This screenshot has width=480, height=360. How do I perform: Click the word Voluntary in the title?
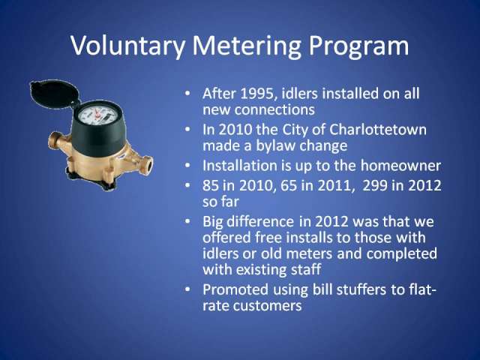click(127, 46)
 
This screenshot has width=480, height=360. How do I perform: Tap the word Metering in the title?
click(247, 46)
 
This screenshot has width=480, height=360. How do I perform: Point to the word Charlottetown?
click(378, 130)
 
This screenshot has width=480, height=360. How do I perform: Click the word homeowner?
click(400, 166)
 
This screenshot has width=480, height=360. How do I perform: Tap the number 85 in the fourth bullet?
click(210, 185)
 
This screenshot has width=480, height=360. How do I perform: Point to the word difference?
click(261, 221)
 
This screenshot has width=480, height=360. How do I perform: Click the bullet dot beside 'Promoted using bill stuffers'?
click(187, 289)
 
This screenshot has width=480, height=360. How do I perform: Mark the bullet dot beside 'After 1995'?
click(187, 93)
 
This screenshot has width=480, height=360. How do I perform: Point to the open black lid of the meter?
click(53, 94)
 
